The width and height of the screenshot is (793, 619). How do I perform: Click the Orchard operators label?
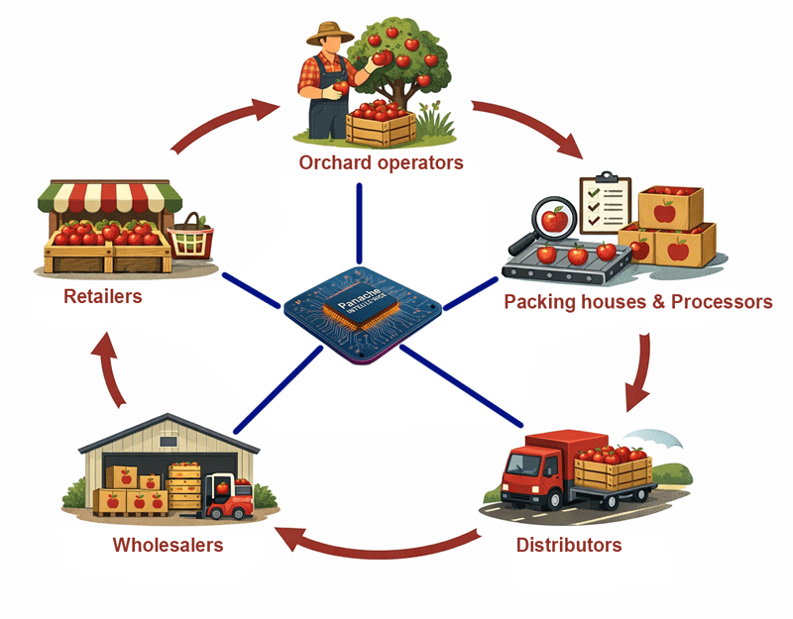click(381, 162)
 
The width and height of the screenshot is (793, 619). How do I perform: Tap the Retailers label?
click(103, 295)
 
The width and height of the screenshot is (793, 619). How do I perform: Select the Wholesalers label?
click(168, 545)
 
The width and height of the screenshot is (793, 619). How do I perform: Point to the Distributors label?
click(569, 545)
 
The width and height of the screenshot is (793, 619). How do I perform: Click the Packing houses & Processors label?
click(638, 301)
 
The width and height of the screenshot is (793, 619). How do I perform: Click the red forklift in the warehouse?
click(227, 500)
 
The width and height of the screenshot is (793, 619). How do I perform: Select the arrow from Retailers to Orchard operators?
click(223, 120)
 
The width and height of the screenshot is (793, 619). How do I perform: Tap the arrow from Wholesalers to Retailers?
click(110, 370)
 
